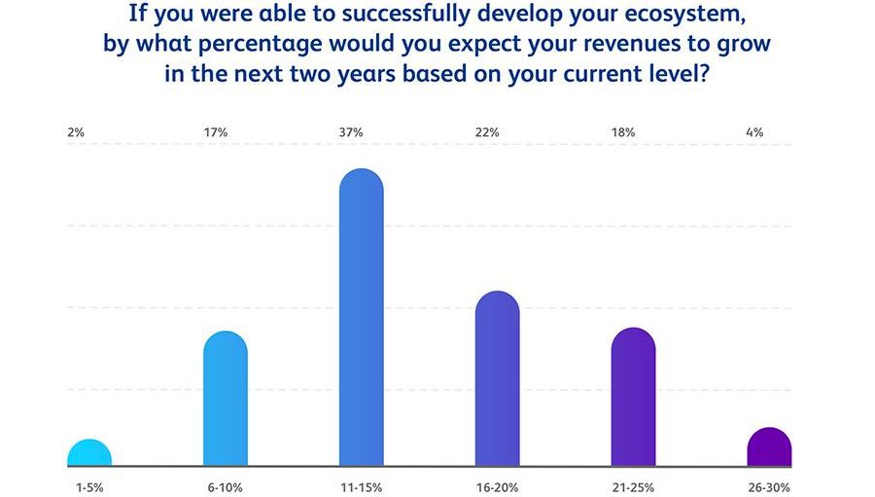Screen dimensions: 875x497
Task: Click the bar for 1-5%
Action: pyautogui.click(x=89, y=453)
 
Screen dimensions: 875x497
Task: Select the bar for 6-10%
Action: pyautogui.click(x=226, y=399)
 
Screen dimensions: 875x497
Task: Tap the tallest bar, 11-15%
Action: pyautogui.click(x=362, y=317)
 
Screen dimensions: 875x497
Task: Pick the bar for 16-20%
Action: pyautogui.click(x=497, y=378)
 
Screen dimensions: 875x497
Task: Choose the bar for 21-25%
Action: pyautogui.click(x=633, y=397)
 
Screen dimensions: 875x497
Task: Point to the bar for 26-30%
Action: pyautogui.click(x=770, y=446)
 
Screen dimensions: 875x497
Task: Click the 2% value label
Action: pyautogui.click(x=75, y=133)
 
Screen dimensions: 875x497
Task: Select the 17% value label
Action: pyautogui.click(x=216, y=133)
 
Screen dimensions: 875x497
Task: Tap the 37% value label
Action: pyautogui.click(x=351, y=133)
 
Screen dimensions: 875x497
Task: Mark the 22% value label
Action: pyautogui.click(x=487, y=133)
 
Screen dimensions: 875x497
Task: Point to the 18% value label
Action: pyautogui.click(x=623, y=133)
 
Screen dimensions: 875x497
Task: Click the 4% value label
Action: pyautogui.click(x=754, y=133)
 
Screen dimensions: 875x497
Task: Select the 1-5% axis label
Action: pyautogui.click(x=89, y=487)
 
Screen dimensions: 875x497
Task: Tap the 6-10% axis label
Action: pyautogui.click(x=226, y=487)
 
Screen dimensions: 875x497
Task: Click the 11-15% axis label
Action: pyautogui.click(x=362, y=487)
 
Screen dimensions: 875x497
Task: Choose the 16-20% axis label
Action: pyautogui.click(x=497, y=487)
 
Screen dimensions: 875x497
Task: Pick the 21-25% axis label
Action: pyautogui.click(x=633, y=487)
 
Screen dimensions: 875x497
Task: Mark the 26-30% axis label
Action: pyautogui.click(x=770, y=487)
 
